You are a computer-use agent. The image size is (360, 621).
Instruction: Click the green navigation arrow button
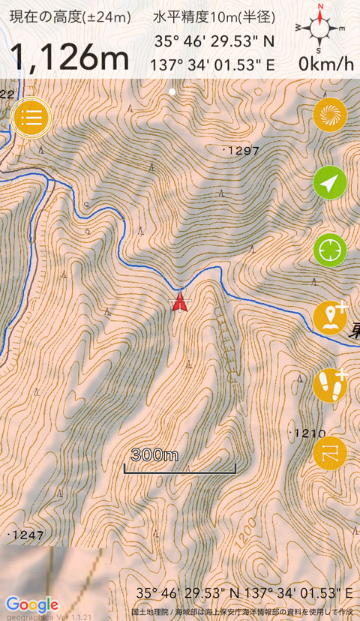tap(330, 182)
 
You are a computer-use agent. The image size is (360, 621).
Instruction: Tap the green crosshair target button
tap(330, 250)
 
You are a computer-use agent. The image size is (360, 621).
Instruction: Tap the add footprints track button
tap(330, 385)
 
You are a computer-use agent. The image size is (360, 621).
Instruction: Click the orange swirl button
tap(330, 115)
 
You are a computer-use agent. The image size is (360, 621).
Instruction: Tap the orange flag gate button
tap(330, 452)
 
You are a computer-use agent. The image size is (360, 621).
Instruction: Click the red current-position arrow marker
tap(179, 301)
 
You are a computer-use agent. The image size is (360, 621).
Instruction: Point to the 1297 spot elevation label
tap(242, 151)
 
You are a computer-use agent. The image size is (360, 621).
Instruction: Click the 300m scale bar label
tap(154, 454)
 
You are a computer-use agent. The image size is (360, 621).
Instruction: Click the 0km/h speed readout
tap(325, 64)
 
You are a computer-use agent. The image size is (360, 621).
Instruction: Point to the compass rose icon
tap(320, 27)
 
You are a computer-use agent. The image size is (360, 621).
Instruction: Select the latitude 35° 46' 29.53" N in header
tap(214, 41)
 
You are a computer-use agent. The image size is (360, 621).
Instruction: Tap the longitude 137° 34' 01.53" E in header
tap(214, 64)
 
